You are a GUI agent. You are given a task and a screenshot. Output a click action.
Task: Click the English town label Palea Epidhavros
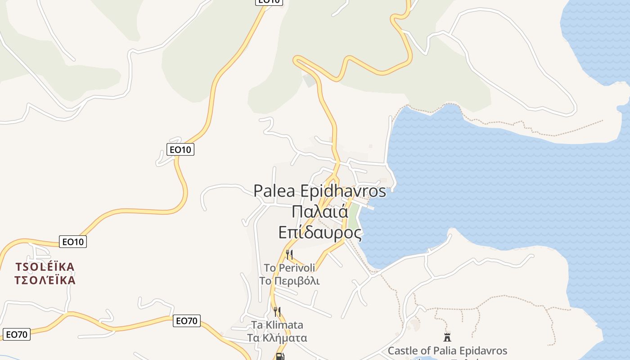click(319, 191)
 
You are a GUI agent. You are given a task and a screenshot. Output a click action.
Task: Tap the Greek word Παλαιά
click(320, 211)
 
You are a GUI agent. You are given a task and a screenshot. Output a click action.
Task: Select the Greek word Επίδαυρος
click(320, 232)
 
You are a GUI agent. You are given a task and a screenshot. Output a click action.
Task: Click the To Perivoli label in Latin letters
click(289, 268)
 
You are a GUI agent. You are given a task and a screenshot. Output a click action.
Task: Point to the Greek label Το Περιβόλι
click(289, 281)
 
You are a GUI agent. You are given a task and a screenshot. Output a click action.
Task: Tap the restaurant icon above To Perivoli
click(289, 255)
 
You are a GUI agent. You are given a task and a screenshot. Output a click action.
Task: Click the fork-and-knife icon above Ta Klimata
click(277, 311)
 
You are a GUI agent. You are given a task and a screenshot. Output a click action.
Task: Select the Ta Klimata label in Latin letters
click(277, 325)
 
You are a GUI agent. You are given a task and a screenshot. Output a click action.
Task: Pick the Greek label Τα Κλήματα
click(277, 338)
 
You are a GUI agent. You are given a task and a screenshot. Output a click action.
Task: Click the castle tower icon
click(447, 337)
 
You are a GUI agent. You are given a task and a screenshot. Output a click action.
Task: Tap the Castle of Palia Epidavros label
click(447, 351)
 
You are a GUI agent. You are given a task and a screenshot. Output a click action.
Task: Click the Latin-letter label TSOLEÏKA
click(45, 267)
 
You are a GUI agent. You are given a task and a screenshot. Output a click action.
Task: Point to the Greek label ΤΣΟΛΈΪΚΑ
click(45, 280)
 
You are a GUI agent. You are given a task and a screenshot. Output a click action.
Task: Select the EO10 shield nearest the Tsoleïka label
click(73, 242)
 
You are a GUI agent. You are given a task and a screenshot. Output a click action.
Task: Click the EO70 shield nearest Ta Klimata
click(187, 321)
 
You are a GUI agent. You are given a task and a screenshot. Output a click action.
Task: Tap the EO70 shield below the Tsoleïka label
click(17, 334)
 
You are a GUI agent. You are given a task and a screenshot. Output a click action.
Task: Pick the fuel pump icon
click(279, 357)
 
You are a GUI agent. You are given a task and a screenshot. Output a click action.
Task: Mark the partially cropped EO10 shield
click(269, 2)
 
